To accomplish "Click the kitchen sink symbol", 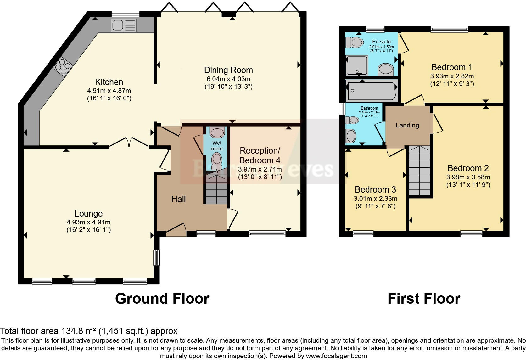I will click(x=124, y=25).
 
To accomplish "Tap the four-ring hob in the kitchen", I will click(x=63, y=67).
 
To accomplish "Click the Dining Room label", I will click(x=228, y=70).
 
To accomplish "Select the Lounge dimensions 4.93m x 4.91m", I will click(x=88, y=222).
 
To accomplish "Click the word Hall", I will click(x=178, y=199).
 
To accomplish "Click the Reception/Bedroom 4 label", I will click(x=260, y=155).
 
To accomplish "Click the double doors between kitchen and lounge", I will click(x=129, y=142).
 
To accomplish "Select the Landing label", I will click(x=407, y=125).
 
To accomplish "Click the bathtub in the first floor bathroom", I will click(x=372, y=91).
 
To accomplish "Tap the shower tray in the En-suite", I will click(x=356, y=65).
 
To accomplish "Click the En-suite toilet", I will click(x=354, y=42).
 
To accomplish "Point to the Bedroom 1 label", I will click(x=452, y=67).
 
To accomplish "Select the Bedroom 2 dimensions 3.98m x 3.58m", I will click(x=468, y=177).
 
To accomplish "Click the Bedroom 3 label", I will click(x=375, y=189).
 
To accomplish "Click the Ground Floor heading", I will click(x=162, y=298).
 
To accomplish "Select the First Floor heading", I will click(x=424, y=298).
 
